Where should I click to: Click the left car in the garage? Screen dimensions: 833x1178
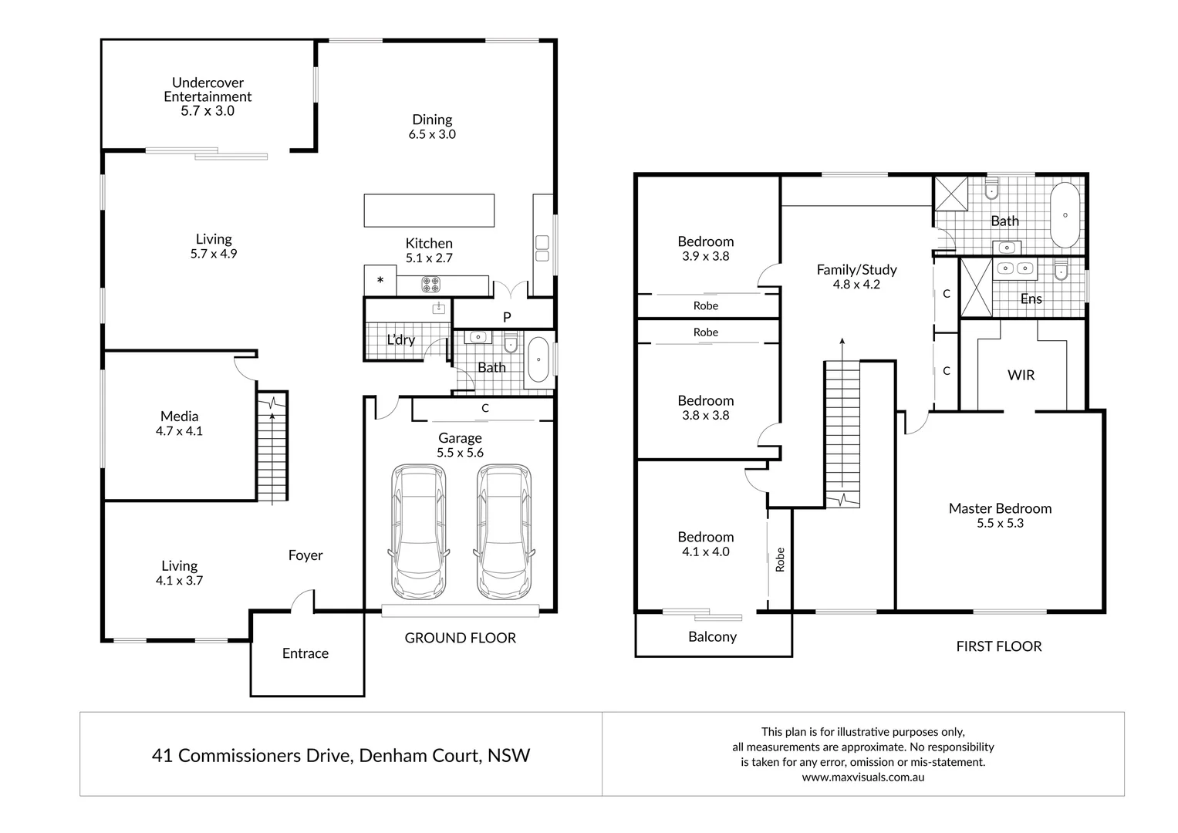pyautogui.click(x=418, y=531)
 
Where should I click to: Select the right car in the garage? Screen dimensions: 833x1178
pyautogui.click(x=504, y=531)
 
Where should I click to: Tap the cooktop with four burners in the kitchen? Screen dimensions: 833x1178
pyautogui.click(x=430, y=285)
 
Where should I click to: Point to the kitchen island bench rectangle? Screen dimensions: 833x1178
pyautogui.click(x=429, y=211)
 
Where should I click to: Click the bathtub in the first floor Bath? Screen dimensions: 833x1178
pyautogui.click(x=1065, y=215)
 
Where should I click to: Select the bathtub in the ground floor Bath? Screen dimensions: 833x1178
pyautogui.click(x=538, y=361)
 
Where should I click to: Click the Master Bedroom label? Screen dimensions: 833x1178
pyautogui.click(x=1000, y=508)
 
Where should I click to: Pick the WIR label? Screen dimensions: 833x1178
pyautogui.click(x=1021, y=376)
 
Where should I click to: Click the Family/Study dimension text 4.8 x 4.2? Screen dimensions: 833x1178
pyautogui.click(x=856, y=285)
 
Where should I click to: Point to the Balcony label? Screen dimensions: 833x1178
pyautogui.click(x=712, y=637)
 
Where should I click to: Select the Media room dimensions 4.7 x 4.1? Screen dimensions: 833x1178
pyautogui.click(x=179, y=431)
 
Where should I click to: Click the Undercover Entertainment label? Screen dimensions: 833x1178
pyautogui.click(x=208, y=89)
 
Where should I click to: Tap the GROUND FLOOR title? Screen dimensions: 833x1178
pyautogui.click(x=461, y=638)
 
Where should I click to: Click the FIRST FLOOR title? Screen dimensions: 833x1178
pyautogui.click(x=998, y=646)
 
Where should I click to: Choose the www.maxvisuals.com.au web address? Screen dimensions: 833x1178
pyautogui.click(x=862, y=777)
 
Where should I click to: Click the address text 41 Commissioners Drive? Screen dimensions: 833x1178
pyautogui.click(x=251, y=755)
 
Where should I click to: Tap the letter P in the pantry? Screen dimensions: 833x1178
pyautogui.click(x=507, y=317)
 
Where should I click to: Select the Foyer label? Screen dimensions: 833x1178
pyautogui.click(x=305, y=555)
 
